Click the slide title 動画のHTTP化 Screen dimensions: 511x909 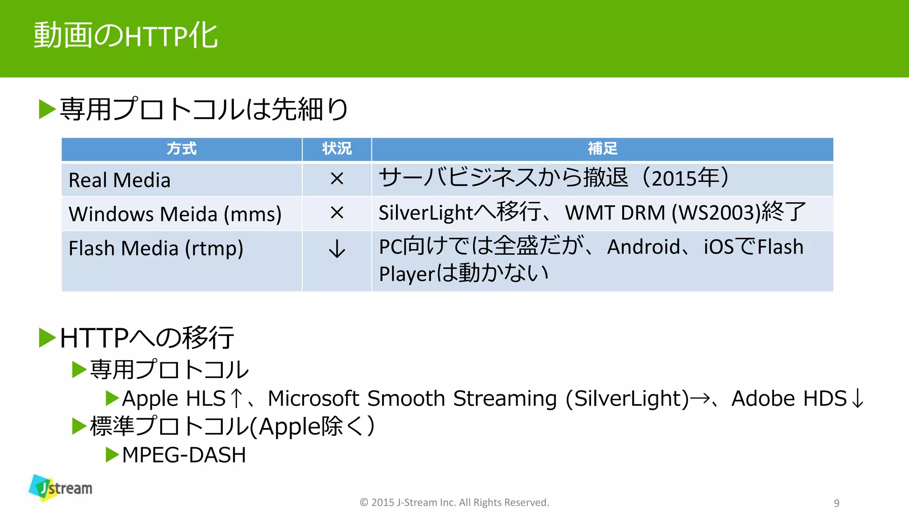point(126,35)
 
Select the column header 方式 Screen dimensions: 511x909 point(182,149)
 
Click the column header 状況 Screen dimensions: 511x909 point(337,149)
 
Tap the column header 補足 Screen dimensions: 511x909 point(602,149)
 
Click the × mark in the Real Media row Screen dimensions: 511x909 point(337,179)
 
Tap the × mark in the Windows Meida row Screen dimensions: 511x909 point(337,213)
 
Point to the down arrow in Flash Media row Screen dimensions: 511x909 point(337,249)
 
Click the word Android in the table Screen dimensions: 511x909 point(644,247)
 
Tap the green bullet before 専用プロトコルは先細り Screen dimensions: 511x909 point(47,109)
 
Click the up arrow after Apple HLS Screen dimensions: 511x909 point(237,398)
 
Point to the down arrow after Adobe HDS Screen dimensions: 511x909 point(858,398)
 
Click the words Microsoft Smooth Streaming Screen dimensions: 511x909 point(412,398)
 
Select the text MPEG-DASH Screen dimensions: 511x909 point(184,455)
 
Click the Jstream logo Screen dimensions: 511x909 point(61,488)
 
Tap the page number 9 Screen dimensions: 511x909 point(836,503)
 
